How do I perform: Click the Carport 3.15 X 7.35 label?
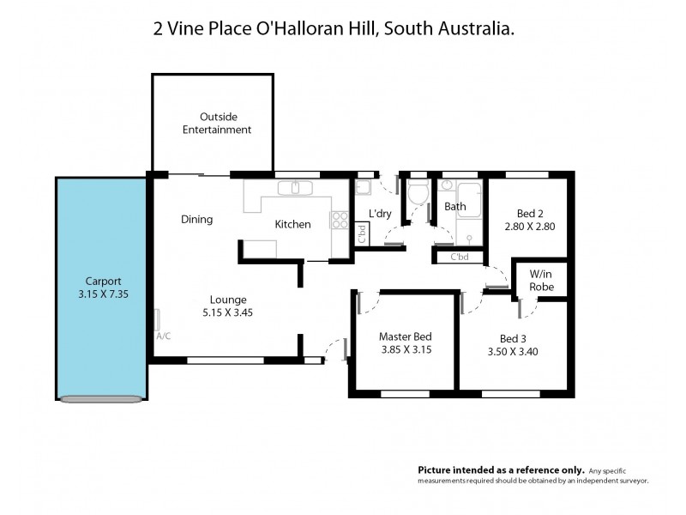coord(102,287)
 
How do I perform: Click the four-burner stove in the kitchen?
coord(339,219)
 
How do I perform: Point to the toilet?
coord(418,193)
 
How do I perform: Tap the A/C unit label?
coord(163,336)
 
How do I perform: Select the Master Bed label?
coord(405,336)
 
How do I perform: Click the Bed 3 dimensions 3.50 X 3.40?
coord(514,351)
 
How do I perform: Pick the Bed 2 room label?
coord(530,214)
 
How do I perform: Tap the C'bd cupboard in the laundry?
coord(362,233)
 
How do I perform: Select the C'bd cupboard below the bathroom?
coord(459,257)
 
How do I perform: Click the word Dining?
coord(196,220)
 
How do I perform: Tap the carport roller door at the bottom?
coord(101,397)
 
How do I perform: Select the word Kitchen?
coord(292,225)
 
